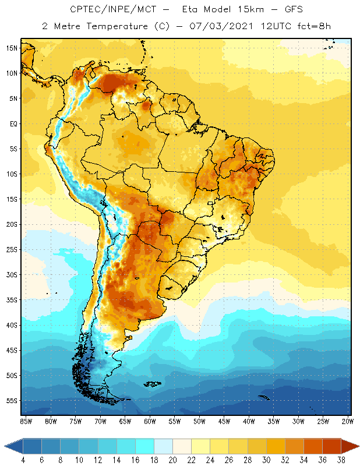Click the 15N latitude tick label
pos(12,48)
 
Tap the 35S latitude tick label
pos(12,300)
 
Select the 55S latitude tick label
pos(12,401)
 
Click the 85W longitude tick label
pos(26,421)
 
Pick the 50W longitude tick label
pos(199,421)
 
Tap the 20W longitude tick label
pos(348,421)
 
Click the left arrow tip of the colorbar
pos(5,446)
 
